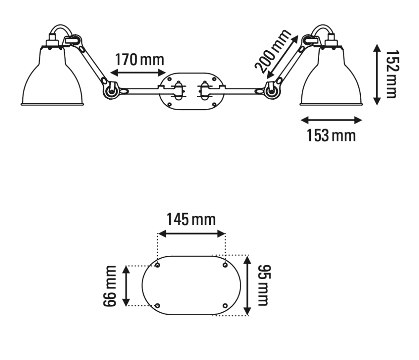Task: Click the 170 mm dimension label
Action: (x=140, y=60)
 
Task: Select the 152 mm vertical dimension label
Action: (x=393, y=74)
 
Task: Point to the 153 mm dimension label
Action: (x=331, y=135)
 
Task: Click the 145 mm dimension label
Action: (x=191, y=219)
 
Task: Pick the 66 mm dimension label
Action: (x=110, y=286)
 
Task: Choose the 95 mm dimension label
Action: (x=264, y=285)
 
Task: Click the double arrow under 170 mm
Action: (x=138, y=72)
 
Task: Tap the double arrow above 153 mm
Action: (x=331, y=120)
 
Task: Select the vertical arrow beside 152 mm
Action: (x=377, y=75)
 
